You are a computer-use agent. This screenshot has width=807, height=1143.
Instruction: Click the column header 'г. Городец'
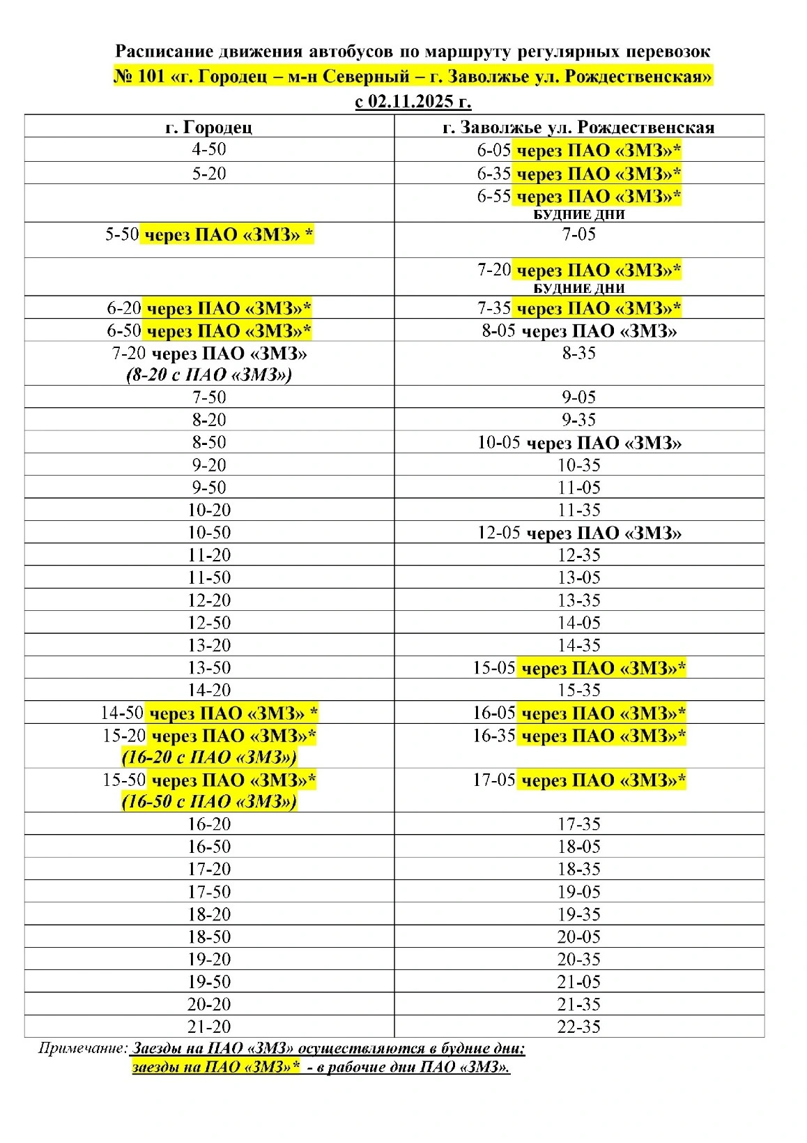click(209, 127)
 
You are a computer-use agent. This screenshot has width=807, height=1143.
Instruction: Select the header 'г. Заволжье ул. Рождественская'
click(578, 127)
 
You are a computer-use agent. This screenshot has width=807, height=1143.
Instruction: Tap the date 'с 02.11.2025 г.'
click(413, 102)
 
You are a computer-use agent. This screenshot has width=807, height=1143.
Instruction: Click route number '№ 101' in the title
click(139, 76)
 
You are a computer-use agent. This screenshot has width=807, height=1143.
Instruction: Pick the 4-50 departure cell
click(209, 149)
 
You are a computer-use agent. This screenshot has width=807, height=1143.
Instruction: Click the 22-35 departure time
click(578, 1027)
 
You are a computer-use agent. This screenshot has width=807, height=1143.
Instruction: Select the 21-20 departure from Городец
click(209, 1027)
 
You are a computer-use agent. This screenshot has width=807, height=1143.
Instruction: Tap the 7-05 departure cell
click(578, 234)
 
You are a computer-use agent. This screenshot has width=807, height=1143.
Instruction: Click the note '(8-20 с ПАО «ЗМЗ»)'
click(209, 375)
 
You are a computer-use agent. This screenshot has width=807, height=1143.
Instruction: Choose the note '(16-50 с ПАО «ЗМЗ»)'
click(209, 801)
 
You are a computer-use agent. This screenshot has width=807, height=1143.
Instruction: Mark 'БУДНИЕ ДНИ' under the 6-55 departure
click(578, 215)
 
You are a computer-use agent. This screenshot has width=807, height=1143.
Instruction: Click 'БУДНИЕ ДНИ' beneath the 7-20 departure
click(578, 289)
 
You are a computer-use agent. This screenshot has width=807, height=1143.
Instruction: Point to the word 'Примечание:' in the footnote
click(83, 1048)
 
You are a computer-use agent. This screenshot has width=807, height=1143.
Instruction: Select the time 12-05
click(498, 533)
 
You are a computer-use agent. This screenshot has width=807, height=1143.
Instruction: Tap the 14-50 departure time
click(122, 713)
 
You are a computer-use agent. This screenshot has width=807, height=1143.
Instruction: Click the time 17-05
click(493, 780)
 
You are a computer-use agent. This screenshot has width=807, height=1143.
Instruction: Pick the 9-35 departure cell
click(578, 420)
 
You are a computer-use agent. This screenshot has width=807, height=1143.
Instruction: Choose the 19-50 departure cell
click(209, 982)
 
